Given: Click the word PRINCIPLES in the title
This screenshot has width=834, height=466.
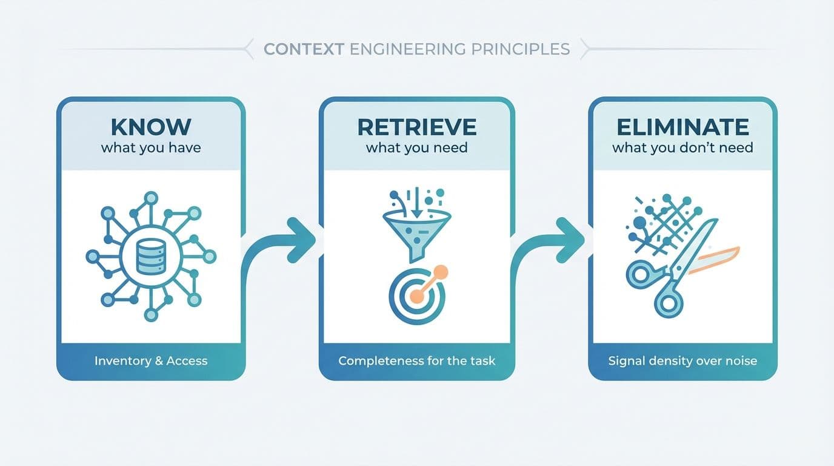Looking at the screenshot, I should pyautogui.click(x=522, y=49).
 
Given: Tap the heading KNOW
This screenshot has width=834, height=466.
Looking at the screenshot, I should pyautogui.click(x=151, y=127).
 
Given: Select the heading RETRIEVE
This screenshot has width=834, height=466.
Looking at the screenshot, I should pyautogui.click(x=417, y=127).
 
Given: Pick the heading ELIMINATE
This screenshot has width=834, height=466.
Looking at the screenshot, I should pyautogui.click(x=682, y=127).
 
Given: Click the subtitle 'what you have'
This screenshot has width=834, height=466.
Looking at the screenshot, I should pyautogui.click(x=151, y=147).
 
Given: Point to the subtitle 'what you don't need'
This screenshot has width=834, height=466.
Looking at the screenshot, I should pyautogui.click(x=682, y=147).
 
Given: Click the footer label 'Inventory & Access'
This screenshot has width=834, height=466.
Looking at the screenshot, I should pyautogui.click(x=151, y=361).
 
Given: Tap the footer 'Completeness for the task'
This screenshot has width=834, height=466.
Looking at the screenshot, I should pyautogui.click(x=417, y=361).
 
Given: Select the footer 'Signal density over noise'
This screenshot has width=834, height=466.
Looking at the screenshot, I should pyautogui.click(x=682, y=361).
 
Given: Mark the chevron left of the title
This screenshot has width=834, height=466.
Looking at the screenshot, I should pyautogui.click(x=248, y=49).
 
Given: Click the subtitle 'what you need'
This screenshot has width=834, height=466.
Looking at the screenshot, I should pyautogui.click(x=417, y=147).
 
